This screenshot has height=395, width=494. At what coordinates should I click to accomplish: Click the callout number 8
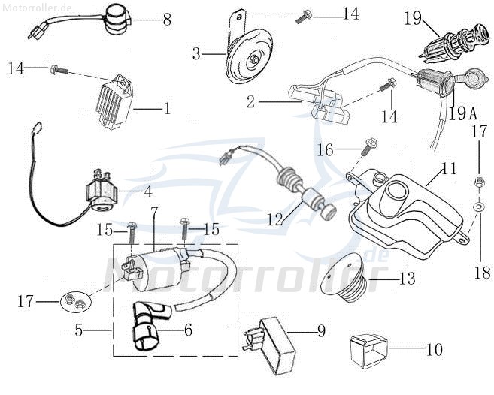pyautogui.click(x=166, y=20)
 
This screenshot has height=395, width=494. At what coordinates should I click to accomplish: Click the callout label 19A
pyautogui.click(x=463, y=113)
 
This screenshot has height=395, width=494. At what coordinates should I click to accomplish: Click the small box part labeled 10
pyautogui.click(x=368, y=348)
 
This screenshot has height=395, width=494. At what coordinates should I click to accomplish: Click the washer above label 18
pyautogui.click(x=478, y=204)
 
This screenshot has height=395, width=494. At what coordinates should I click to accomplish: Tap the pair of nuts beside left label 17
pyautogui.click(x=74, y=302)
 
